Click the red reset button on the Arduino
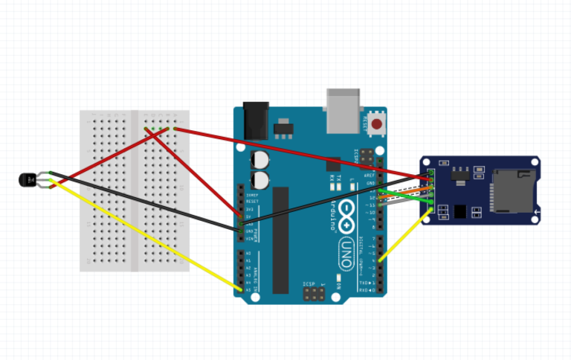pos(377,124)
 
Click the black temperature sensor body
pos(27,179)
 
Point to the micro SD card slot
pos(513,190)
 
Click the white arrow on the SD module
pos(537,214)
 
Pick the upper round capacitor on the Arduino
pos(261,159)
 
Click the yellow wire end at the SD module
pos(430,213)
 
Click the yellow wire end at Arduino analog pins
pos(240,289)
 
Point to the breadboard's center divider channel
pos(135,190)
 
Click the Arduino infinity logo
pos(347,222)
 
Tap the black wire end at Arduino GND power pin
pos(240,231)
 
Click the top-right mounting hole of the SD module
pos(535,161)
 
